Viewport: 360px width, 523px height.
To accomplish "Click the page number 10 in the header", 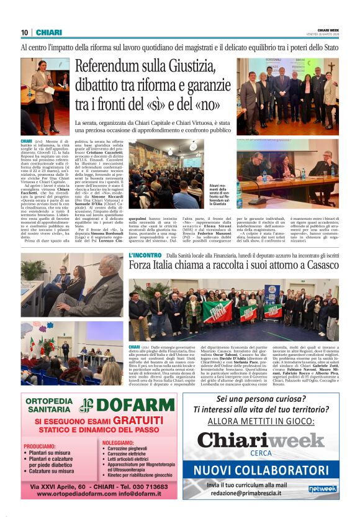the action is coord(25,33).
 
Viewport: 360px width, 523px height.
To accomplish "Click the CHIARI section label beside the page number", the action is coord(48,33).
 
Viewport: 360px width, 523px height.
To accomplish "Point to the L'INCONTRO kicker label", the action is coord(145,255).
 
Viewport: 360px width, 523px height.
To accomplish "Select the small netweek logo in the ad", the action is coord(323,489).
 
